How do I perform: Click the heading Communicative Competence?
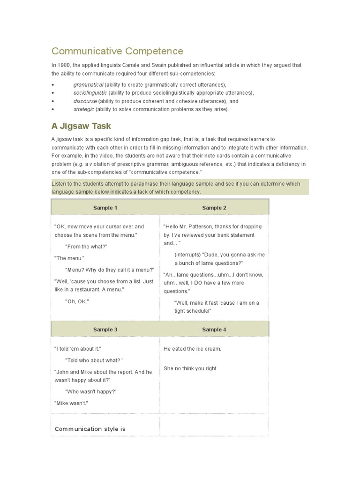click(x=117, y=51)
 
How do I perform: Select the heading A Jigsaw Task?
click(x=81, y=126)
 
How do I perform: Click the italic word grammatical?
click(x=88, y=85)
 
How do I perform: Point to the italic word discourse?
click(x=85, y=101)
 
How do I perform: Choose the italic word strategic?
click(x=84, y=109)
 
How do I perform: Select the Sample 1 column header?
click(x=105, y=208)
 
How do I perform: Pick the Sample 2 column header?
click(x=214, y=208)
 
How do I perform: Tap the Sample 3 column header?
click(x=105, y=330)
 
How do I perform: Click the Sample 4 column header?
click(x=214, y=330)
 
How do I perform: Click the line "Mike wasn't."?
click(x=71, y=403)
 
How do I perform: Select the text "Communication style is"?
click(x=90, y=429)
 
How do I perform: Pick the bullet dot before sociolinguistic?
click(x=53, y=93)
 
